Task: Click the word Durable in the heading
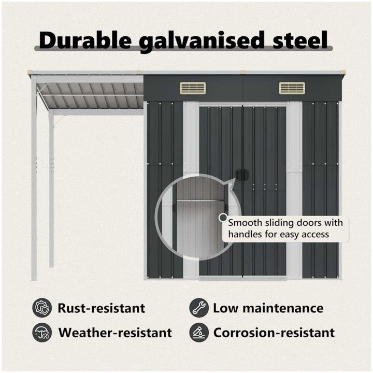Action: [x=85, y=40]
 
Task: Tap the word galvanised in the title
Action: [x=202, y=41]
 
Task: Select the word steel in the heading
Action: [x=300, y=40]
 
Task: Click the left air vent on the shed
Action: [x=193, y=88]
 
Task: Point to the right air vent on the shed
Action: [x=292, y=88]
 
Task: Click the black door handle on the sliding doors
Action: [x=242, y=175]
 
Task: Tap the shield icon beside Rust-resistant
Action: [x=42, y=308]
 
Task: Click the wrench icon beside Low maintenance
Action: [x=199, y=308]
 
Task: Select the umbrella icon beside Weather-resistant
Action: [x=42, y=332]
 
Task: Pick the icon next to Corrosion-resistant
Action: [x=199, y=332]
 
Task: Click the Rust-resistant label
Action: [x=102, y=308]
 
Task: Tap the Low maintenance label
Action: [x=268, y=308]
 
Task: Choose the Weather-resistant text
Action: [x=115, y=333]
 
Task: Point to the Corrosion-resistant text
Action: [x=274, y=333]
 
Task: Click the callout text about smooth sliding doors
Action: [x=285, y=228]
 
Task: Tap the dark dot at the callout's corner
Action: [x=223, y=218]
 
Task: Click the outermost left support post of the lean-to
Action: [x=34, y=178]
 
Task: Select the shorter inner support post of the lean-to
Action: [x=51, y=189]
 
